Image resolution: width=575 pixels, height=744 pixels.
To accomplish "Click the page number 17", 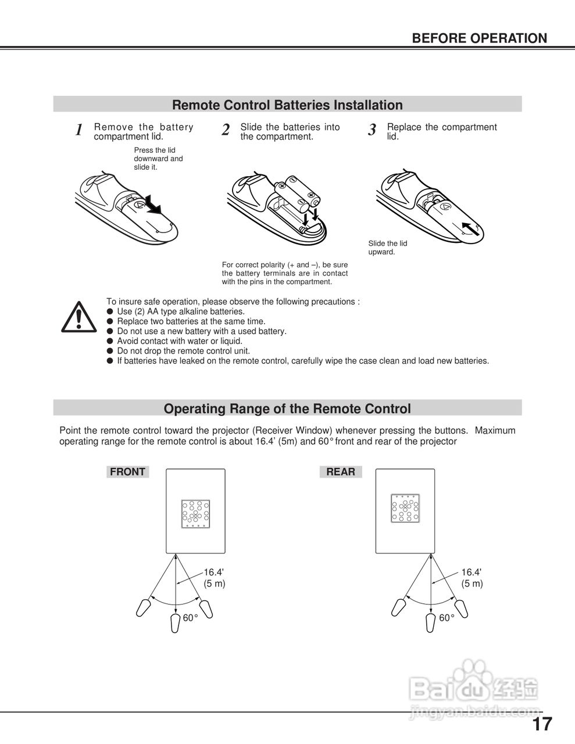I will (x=542, y=725).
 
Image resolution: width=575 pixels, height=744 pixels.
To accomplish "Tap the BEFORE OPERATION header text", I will (x=479, y=38).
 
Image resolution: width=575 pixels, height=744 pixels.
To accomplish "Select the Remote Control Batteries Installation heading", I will (x=287, y=105).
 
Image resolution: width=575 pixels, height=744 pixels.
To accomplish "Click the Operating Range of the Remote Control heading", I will (x=287, y=409).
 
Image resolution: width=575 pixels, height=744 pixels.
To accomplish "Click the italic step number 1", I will (x=79, y=130).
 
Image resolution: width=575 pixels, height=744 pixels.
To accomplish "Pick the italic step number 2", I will (x=226, y=130).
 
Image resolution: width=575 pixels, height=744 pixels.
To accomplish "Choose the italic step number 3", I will (x=372, y=130).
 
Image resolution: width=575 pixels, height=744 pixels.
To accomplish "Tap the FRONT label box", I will (x=127, y=472).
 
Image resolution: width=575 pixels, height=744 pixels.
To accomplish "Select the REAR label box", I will (x=341, y=472).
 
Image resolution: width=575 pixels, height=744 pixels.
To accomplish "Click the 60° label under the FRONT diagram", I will (x=191, y=618).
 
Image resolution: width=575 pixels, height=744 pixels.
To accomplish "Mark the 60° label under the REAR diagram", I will (x=447, y=618).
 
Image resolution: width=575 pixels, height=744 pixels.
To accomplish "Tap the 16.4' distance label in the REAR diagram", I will (x=472, y=573).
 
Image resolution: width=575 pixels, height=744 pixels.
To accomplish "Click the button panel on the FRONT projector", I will (x=195, y=514).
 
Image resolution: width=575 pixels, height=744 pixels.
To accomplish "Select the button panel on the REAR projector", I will (x=405, y=509).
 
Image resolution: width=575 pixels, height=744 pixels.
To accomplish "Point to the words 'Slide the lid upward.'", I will (x=387, y=248).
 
